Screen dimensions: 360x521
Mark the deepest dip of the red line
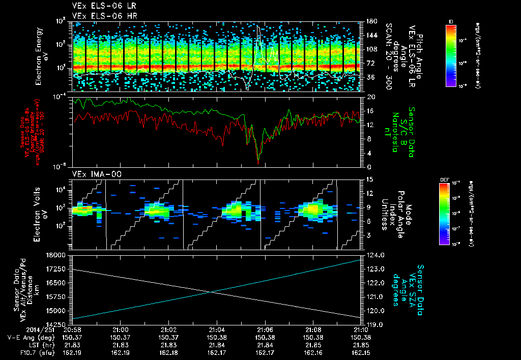tap(258, 163)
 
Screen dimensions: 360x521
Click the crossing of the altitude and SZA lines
tap(211, 291)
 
